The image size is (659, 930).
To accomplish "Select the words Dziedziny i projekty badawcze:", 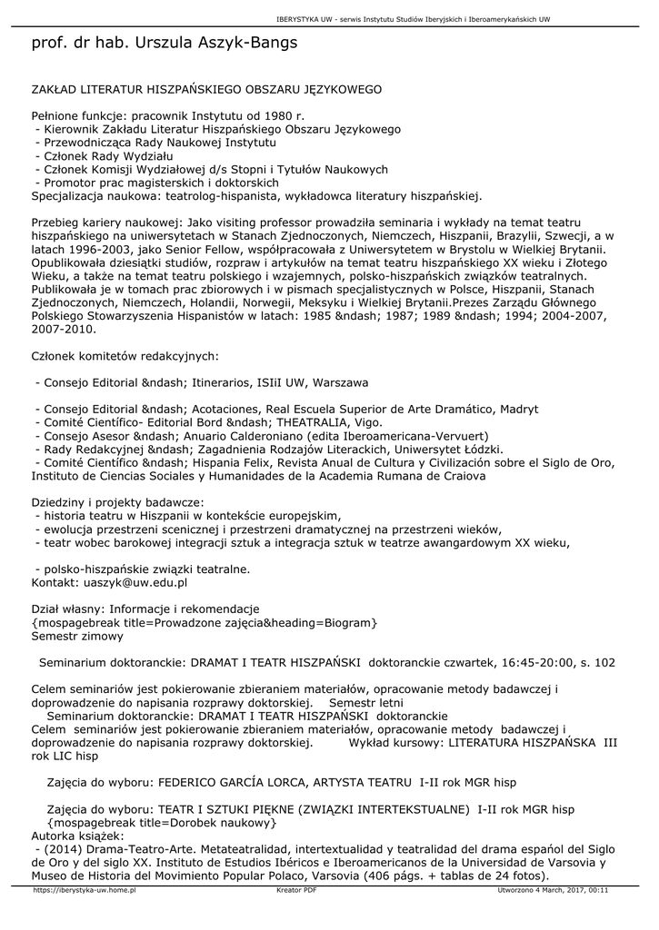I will (x=117, y=502).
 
